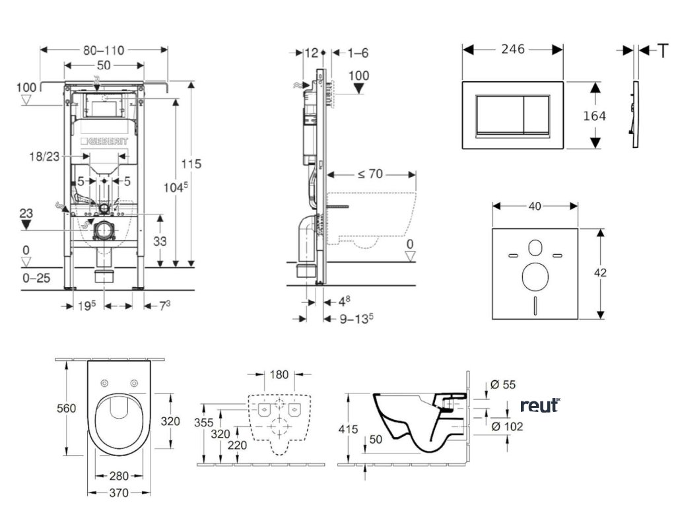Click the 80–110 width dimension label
104,50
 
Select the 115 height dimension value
192,164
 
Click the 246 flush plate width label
512,50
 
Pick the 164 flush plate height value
594,116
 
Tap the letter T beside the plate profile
662,50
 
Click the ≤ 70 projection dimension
371,174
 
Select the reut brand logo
539,405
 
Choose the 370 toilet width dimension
119,492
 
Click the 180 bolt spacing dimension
279,375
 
